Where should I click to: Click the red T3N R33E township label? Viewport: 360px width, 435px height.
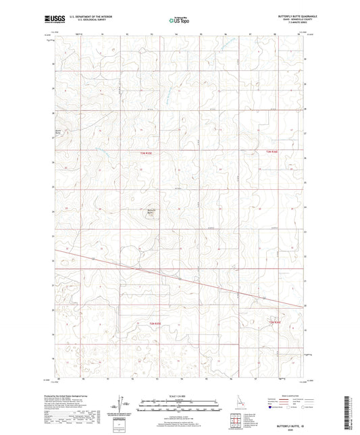click(152, 153)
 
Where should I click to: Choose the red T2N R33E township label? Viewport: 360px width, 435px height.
click(155, 324)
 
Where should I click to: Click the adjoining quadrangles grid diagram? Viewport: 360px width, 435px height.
click(234, 418)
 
